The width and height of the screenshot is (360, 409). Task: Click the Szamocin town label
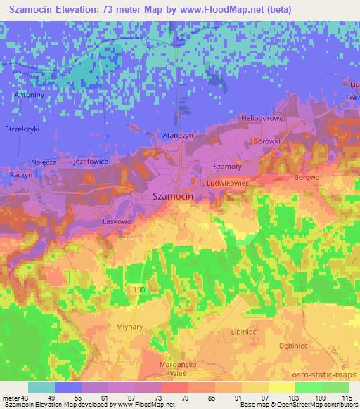pos(173,197)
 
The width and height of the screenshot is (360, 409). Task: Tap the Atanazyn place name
pos(177,135)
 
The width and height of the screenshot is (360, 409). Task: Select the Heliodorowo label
pos(262,118)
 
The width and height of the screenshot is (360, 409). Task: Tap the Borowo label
pos(307,178)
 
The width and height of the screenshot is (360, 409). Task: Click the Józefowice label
pos(89,161)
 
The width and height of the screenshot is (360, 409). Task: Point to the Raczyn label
pos(22,174)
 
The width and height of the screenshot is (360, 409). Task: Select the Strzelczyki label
pos(22,129)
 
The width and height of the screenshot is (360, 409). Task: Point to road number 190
pos(139,289)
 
